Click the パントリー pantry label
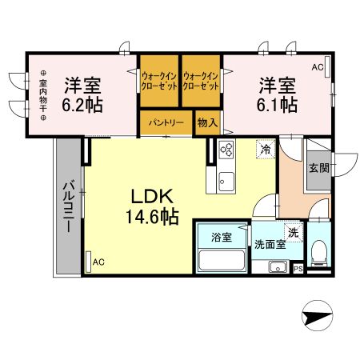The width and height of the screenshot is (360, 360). pyautogui.click(x=166, y=123)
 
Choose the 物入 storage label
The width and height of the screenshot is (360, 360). pyautogui.click(x=207, y=123)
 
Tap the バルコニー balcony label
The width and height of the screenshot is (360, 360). pyautogui.click(x=69, y=206)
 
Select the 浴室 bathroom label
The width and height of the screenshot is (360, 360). pyautogui.click(x=222, y=237)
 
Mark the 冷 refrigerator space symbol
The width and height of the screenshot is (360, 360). pyautogui.click(x=265, y=149)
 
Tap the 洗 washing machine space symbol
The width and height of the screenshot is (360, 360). pyautogui.click(x=294, y=233)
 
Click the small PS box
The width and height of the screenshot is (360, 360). pyautogui.click(x=298, y=269)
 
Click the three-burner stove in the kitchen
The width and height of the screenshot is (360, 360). pyautogui.click(x=225, y=150)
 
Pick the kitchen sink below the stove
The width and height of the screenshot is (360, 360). pyautogui.click(x=225, y=177)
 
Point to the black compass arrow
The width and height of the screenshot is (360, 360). pyautogui.click(x=318, y=317)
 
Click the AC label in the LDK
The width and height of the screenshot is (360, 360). pyautogui.click(x=98, y=262)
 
